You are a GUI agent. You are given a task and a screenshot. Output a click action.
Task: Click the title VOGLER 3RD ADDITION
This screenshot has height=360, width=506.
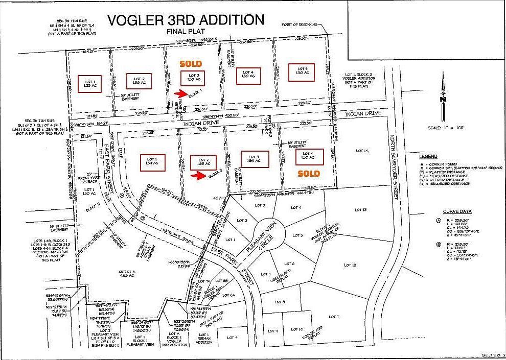click(186, 20)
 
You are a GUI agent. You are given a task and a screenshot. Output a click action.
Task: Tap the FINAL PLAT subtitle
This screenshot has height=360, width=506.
click(186, 32)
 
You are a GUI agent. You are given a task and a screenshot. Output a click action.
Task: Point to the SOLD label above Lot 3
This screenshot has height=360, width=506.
click(190, 64)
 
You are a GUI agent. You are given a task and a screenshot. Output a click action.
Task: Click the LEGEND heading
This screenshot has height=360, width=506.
click(428, 156)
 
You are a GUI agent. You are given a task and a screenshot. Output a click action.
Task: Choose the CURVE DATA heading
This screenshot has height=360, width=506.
click(457, 211)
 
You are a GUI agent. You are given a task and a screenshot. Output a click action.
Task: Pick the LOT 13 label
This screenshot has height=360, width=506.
click(360, 210)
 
